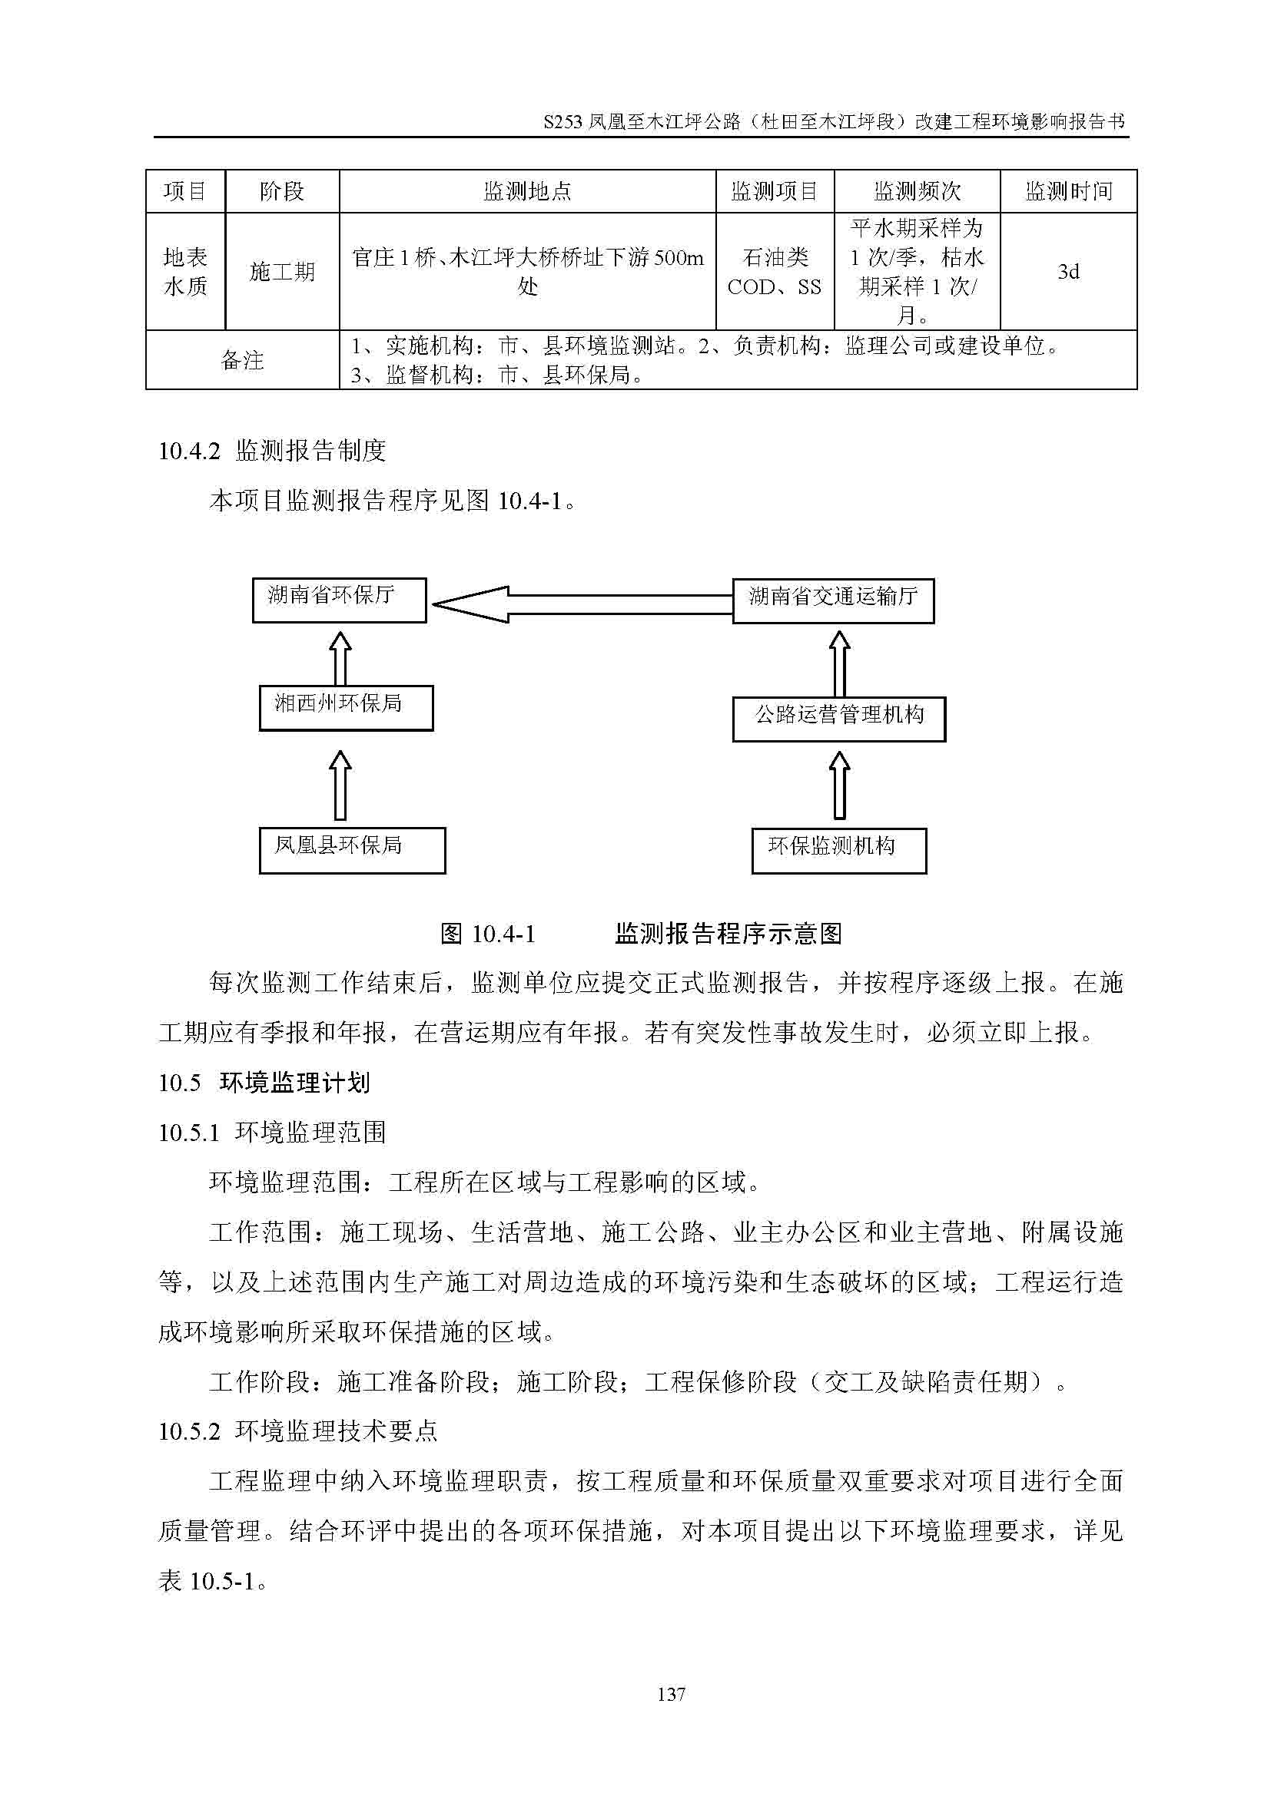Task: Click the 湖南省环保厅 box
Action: tap(339, 600)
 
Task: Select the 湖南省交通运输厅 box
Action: tap(833, 600)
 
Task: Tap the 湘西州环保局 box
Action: tap(346, 708)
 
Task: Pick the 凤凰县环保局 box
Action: tap(352, 850)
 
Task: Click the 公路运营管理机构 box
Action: tap(839, 719)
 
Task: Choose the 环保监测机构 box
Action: tap(839, 851)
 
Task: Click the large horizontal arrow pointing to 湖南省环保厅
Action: tap(581, 604)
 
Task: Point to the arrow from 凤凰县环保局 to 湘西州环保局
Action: tap(340, 785)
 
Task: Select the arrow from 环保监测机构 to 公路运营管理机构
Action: tap(839, 785)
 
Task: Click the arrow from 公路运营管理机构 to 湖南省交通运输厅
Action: tap(839, 663)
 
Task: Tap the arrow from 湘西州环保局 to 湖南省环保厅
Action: tap(340, 659)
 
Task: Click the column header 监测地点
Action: tap(526, 191)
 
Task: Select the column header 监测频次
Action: tap(917, 191)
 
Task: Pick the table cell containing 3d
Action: tap(1067, 271)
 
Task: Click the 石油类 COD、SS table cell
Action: tap(774, 271)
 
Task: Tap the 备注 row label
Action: tap(242, 360)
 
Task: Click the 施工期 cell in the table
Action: tap(282, 271)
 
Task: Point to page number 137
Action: tap(671, 1694)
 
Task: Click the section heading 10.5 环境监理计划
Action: tap(264, 1083)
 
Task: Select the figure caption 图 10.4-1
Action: tap(488, 933)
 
